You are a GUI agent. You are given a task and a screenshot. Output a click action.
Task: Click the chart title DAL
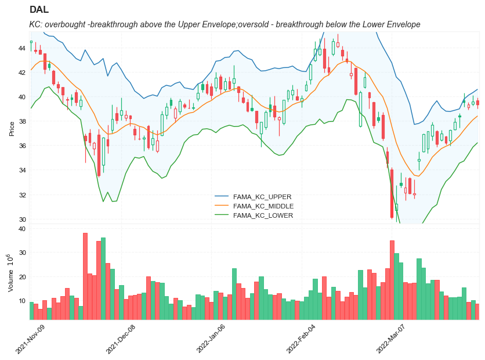point(39,10)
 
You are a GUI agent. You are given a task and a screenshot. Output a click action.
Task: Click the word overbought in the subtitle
point(70,24)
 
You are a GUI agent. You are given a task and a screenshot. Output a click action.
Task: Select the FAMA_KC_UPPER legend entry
point(262,197)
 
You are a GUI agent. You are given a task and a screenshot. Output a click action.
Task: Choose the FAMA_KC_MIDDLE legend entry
point(263,206)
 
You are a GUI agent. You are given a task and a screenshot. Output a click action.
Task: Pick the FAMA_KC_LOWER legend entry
point(263,215)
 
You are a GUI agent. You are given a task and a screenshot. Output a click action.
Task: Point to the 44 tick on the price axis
point(21,48)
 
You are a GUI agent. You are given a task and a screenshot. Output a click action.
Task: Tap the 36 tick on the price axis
point(21,146)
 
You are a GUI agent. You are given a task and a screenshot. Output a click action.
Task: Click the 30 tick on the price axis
point(21,219)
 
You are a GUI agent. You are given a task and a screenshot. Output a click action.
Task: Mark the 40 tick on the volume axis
point(21,229)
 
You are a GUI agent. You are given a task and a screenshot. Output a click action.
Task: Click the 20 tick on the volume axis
point(21,276)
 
